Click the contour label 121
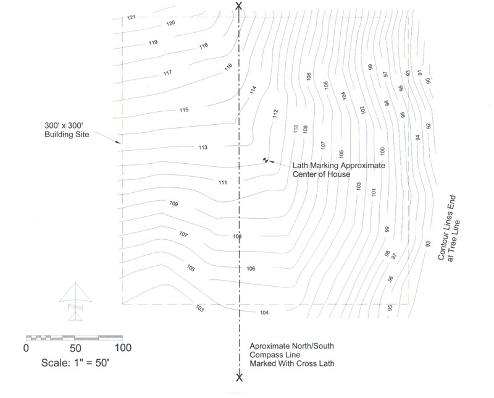pos(132,17)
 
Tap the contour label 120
pos(170,23)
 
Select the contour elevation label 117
pos(167,73)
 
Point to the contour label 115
pos(184,110)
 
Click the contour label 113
pos(203,147)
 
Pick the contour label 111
pos(223,182)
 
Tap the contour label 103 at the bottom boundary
pos(199,308)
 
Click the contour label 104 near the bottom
pos(264,313)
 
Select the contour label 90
pos(428,81)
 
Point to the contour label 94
pos(418,138)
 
